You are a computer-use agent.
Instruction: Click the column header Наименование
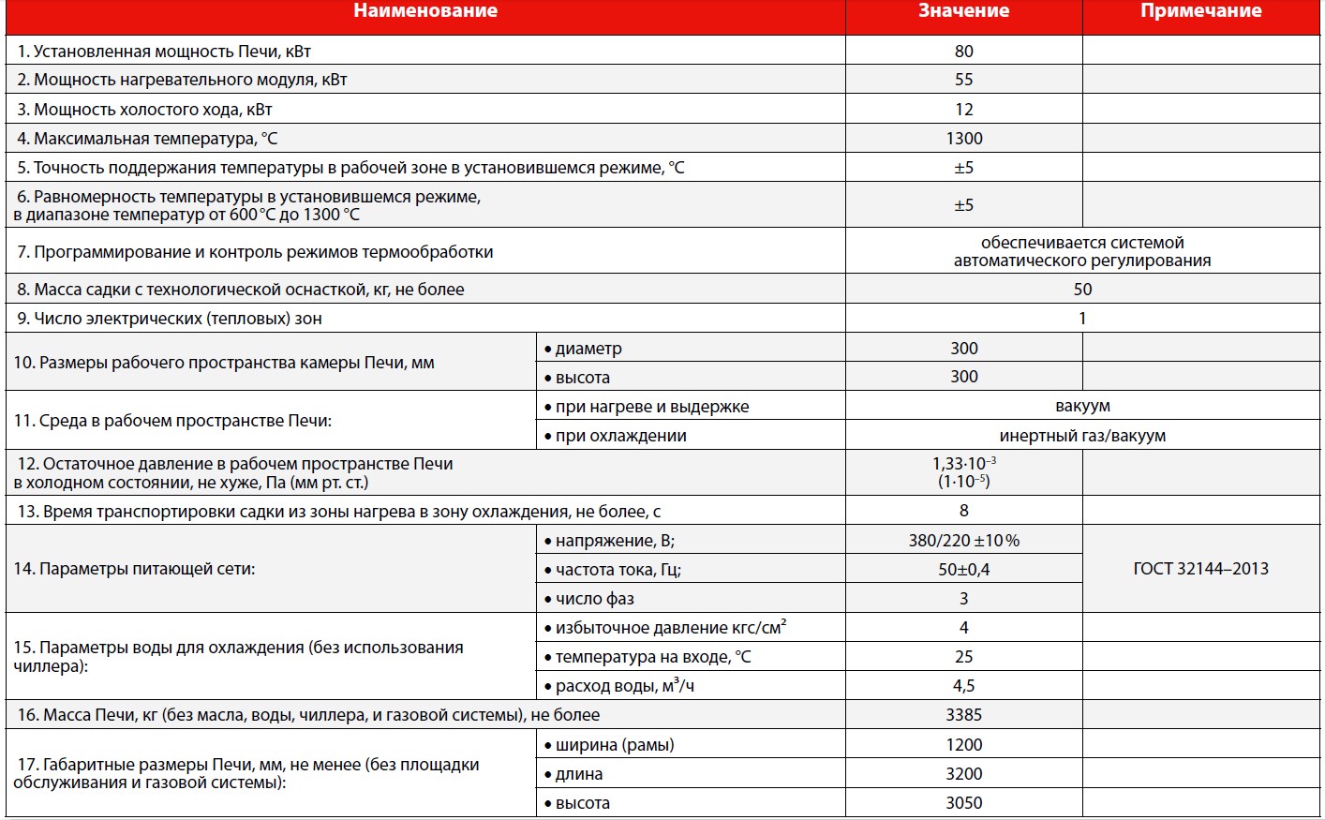click(x=425, y=12)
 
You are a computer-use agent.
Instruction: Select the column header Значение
click(x=963, y=12)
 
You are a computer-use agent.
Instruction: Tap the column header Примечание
click(x=1200, y=12)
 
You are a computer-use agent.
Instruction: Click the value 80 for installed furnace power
click(x=963, y=52)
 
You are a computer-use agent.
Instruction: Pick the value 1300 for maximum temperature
click(x=963, y=139)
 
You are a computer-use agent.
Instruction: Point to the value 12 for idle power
click(x=963, y=110)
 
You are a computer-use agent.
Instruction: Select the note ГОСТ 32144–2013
click(x=1200, y=569)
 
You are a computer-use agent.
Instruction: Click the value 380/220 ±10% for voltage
click(x=963, y=541)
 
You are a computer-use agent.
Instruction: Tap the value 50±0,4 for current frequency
click(x=963, y=570)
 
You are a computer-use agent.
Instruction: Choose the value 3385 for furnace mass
click(x=963, y=715)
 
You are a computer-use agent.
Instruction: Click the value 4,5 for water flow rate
click(x=963, y=686)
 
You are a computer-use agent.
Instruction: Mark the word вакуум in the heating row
click(x=1082, y=407)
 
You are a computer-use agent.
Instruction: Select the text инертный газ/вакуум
click(x=1082, y=436)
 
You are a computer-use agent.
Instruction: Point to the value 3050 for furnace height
click(x=963, y=803)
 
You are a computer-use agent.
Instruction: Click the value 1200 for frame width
click(x=963, y=745)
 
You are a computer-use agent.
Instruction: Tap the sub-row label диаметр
click(x=588, y=349)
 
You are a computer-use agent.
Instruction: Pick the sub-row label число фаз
click(x=594, y=599)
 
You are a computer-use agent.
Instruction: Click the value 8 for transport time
click(x=963, y=511)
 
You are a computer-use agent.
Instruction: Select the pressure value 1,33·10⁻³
click(x=963, y=464)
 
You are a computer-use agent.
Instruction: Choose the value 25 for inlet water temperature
click(x=963, y=657)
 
